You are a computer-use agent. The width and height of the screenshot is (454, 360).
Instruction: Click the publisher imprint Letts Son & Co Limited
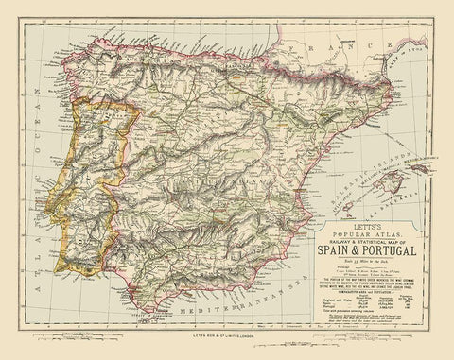click(228, 342)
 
